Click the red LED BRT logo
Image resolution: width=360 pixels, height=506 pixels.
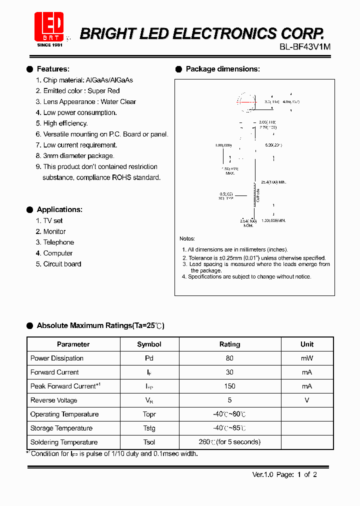pyautogui.click(x=49, y=27)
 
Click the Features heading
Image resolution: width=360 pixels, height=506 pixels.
pyautogui.click(x=53, y=69)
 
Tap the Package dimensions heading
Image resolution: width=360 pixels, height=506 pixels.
pyautogui.click(x=222, y=69)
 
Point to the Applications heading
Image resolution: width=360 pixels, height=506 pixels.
pyautogui.click(x=59, y=209)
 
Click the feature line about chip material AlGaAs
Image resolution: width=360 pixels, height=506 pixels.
pyautogui.click(x=87, y=80)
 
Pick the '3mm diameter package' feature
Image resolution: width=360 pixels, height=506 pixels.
pyautogui.click(x=75, y=156)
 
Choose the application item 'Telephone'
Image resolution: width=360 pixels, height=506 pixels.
pyautogui.click(x=58, y=242)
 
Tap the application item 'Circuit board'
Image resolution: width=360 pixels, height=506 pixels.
pyautogui.click(x=61, y=264)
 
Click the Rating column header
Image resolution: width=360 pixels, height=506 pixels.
pyautogui.click(x=229, y=344)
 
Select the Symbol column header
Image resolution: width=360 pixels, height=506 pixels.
pyautogui.click(x=149, y=344)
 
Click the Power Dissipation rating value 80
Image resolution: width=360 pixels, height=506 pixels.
pyautogui.click(x=229, y=358)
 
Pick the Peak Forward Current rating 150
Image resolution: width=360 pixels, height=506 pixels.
pyautogui.click(x=229, y=386)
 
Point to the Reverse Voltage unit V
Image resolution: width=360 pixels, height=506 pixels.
pyautogui.click(x=306, y=400)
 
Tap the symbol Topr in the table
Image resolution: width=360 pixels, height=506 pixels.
pyautogui.click(x=149, y=414)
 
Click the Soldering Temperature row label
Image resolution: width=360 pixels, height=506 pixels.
pyautogui.click(x=64, y=442)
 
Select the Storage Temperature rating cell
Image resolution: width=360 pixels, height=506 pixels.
pyautogui.click(x=229, y=428)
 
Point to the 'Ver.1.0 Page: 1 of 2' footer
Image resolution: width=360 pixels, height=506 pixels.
pyautogui.click(x=284, y=474)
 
